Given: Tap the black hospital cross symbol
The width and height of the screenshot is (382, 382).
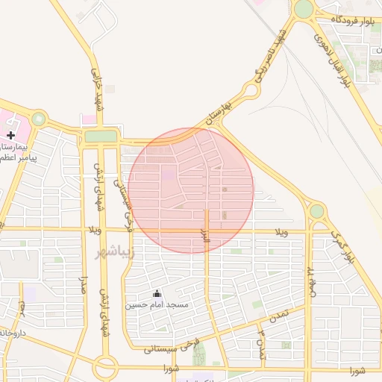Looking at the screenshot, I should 10,135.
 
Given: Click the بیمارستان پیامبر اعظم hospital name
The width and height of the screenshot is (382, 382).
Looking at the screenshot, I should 15,152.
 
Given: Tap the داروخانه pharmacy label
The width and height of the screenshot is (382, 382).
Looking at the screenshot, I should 12,331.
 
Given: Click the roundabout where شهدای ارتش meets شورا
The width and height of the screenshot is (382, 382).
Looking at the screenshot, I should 105,366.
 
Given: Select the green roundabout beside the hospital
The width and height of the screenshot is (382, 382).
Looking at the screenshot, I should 38,119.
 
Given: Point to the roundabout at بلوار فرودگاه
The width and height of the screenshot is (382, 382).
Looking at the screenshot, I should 304,9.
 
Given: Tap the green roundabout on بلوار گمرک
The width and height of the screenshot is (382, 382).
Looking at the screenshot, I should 317,211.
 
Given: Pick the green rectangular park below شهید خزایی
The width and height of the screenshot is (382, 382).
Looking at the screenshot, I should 100,137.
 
